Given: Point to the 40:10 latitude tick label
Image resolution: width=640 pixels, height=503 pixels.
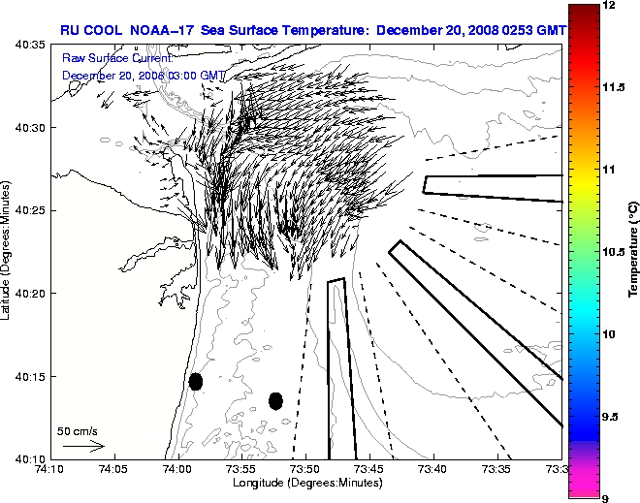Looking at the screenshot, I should tap(29, 458).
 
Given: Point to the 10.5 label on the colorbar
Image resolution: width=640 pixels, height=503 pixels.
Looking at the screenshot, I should tap(612, 251).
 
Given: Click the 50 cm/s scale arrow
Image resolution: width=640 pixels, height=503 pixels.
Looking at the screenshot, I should tap(82, 446).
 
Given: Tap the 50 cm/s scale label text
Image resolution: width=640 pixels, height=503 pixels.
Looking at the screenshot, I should tap(77, 431).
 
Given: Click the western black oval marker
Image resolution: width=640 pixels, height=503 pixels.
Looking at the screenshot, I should tap(195, 381).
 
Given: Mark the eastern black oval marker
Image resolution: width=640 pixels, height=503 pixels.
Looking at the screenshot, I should tap(275, 400).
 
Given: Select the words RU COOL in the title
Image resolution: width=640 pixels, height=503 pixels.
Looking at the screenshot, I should tap(92, 30).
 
